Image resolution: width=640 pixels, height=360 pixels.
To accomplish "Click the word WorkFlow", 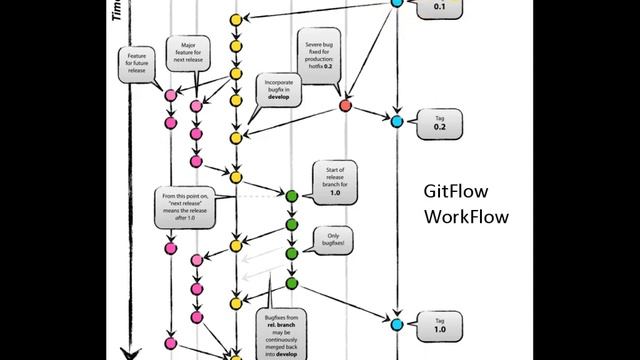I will [x=466, y=217].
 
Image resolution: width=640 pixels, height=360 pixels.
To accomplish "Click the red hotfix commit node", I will [x=346, y=105].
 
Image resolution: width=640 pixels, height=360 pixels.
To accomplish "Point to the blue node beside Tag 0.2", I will [x=397, y=121].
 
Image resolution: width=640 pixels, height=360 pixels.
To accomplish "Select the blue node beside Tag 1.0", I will [x=397, y=324].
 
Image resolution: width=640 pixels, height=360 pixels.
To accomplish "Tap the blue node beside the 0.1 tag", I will [x=397, y=3].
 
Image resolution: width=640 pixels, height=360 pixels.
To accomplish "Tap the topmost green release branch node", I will [x=291, y=196].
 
